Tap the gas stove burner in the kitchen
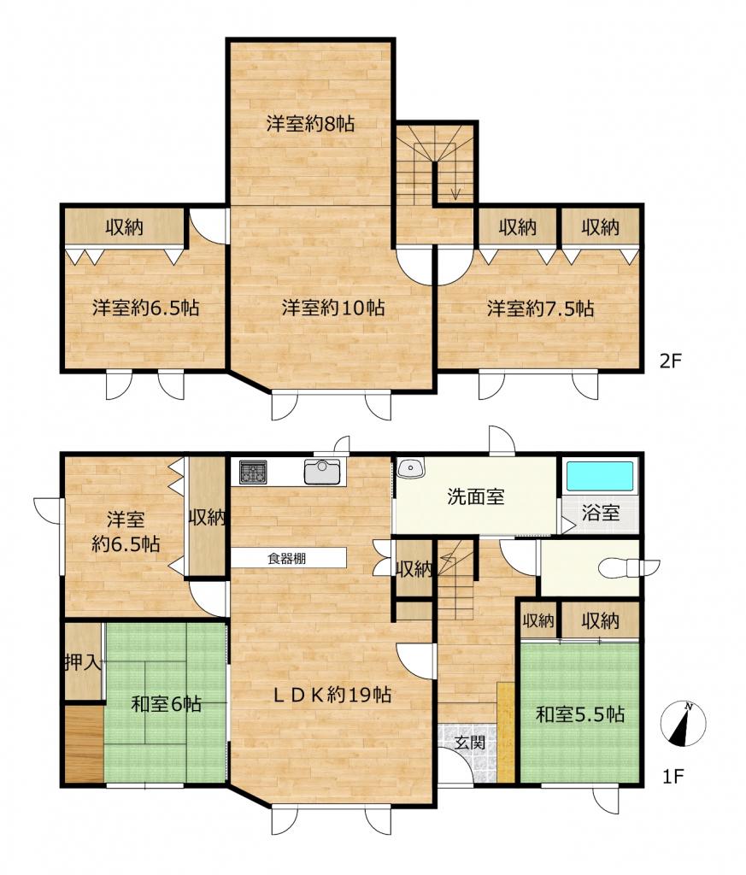(x=253, y=472)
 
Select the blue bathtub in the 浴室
(x=600, y=476)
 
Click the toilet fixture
(x=628, y=567)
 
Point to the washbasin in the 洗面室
(x=412, y=467)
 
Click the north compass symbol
(x=683, y=723)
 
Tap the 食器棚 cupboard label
(x=286, y=558)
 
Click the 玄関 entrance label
(x=468, y=743)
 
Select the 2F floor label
(x=671, y=361)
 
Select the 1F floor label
(x=673, y=776)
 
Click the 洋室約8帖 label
(x=310, y=123)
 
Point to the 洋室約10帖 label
(x=333, y=308)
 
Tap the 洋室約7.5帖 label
(x=541, y=308)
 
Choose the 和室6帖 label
(x=167, y=704)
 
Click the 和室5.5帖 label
(x=580, y=714)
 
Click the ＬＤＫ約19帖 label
(x=332, y=695)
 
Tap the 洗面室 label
(x=476, y=496)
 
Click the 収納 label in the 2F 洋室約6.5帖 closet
(x=125, y=226)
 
